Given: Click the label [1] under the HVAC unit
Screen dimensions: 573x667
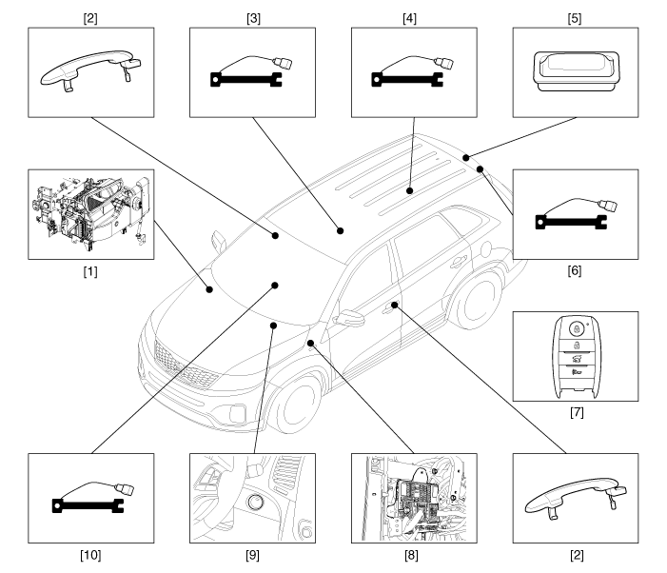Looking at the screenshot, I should click(x=90, y=271).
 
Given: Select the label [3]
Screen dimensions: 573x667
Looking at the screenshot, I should click(x=252, y=16).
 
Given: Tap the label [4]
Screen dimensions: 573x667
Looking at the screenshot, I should click(x=414, y=16).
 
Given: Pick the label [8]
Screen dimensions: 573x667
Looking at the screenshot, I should click(x=414, y=555).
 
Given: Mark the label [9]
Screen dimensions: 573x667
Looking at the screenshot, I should click(x=252, y=555).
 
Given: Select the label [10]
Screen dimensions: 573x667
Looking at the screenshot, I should click(x=90, y=555).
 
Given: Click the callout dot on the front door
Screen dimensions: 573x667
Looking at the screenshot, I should click(x=391, y=306).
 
